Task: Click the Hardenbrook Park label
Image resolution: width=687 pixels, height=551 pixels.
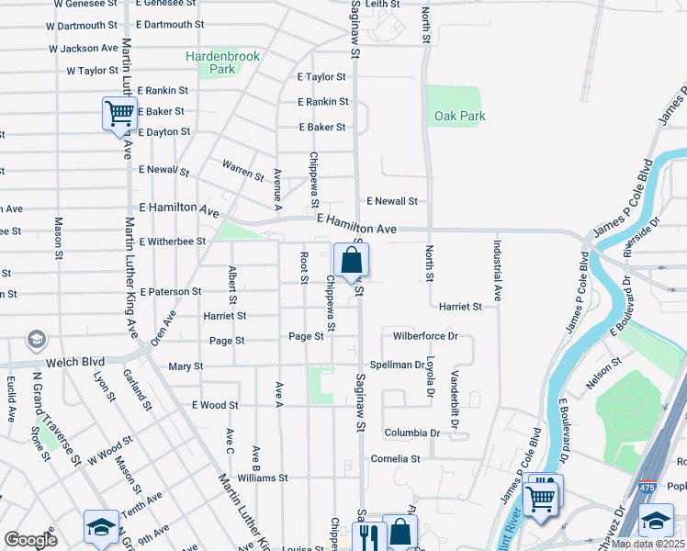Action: coord(223,62)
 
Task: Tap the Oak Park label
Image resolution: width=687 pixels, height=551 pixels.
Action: coord(460,117)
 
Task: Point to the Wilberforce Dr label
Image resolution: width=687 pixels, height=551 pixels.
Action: coord(425,336)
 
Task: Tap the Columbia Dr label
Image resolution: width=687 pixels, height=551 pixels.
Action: coord(412,433)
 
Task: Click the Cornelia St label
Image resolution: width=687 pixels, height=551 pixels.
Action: coord(395,458)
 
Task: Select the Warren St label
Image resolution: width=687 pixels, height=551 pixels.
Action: coord(243,170)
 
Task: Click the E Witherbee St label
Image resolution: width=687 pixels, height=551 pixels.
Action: coord(173,242)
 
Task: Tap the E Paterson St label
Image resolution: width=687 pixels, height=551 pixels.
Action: coord(170,291)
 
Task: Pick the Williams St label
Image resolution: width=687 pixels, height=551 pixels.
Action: coord(263,478)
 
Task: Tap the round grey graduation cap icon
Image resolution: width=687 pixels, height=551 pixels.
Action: coord(37,341)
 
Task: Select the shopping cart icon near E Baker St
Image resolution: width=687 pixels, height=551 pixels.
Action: coord(119,114)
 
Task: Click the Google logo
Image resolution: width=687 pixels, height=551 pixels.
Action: coord(30,540)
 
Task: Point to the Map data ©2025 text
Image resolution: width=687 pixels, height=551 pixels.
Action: coord(648,544)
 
